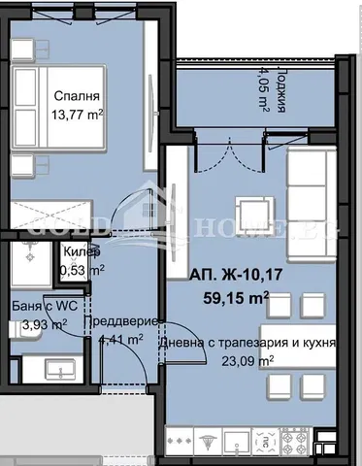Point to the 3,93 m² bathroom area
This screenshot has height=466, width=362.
point(45,324)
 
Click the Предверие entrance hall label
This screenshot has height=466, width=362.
point(117,322)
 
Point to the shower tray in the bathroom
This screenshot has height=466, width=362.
point(29,262)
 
